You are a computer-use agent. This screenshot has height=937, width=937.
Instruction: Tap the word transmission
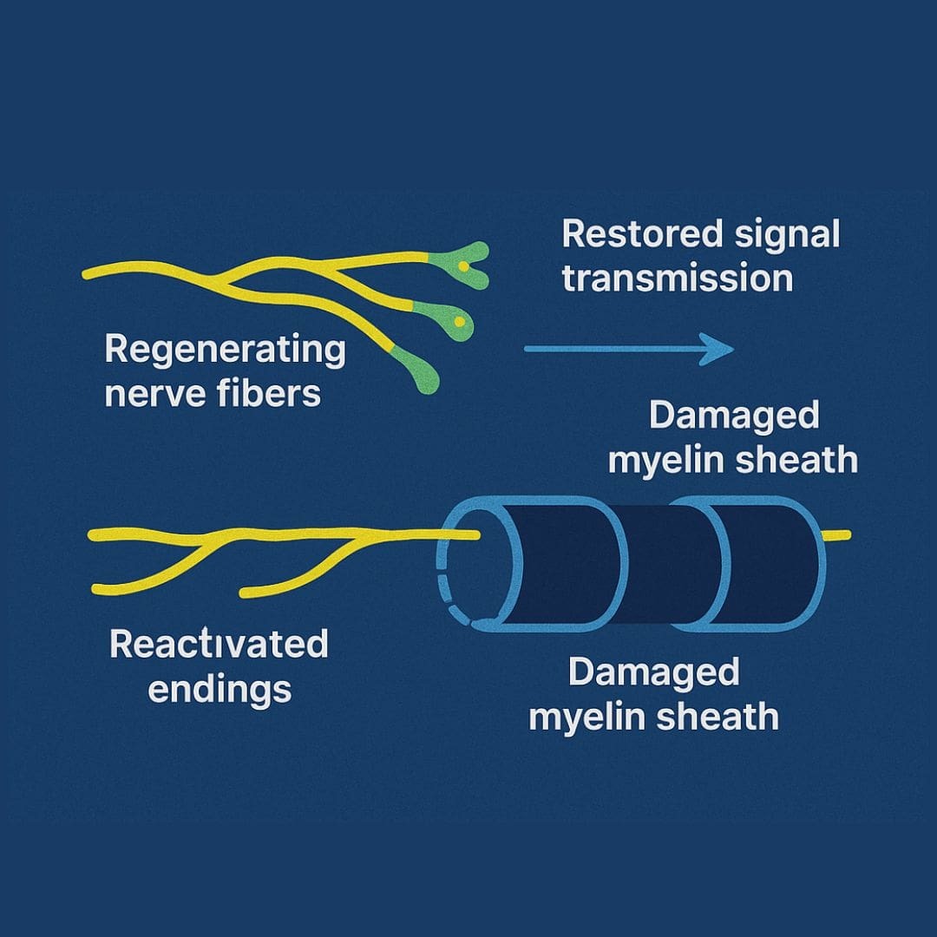click(x=678, y=279)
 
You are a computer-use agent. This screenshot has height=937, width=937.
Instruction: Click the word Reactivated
click(x=219, y=645)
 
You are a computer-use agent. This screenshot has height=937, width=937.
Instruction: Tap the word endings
click(x=220, y=690)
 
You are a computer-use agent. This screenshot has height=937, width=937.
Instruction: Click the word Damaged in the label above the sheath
click(x=734, y=416)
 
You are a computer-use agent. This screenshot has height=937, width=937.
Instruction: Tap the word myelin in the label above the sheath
click(x=664, y=460)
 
